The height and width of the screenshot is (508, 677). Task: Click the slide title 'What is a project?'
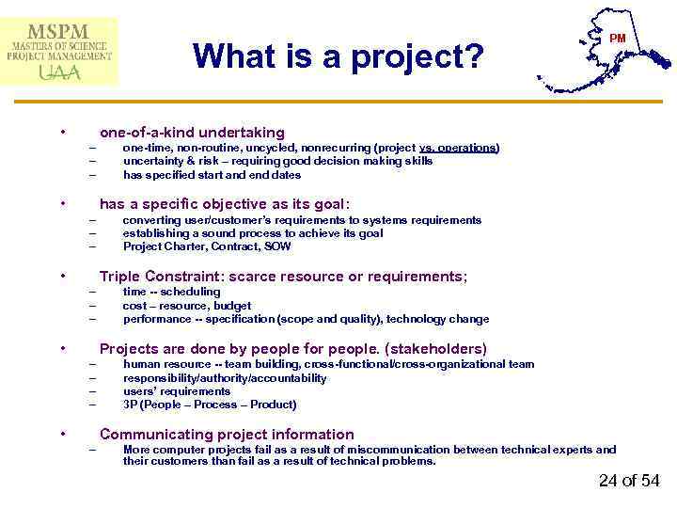338,56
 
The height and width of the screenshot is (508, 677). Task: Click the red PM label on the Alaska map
617,39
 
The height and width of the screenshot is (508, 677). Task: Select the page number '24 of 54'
629,481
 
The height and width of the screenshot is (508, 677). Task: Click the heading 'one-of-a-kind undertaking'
192,133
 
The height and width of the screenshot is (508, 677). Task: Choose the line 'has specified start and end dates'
212,175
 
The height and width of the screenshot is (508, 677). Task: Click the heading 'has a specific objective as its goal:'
225,204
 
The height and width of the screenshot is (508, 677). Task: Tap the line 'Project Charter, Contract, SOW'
207,246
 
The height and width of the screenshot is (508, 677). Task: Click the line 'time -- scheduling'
171,292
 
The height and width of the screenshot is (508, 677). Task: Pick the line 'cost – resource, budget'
187,306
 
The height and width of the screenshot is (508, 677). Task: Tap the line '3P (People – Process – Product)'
210,405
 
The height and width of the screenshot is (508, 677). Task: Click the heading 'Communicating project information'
227,434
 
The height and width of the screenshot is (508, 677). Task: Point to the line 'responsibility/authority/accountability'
225,378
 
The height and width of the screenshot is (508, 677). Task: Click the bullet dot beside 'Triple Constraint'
62,276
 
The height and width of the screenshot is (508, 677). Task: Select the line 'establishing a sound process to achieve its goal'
253,233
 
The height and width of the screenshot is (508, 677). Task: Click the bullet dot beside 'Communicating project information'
62,434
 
